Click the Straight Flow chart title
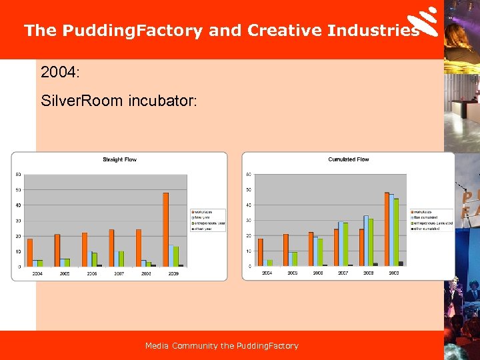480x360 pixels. [x=119, y=159]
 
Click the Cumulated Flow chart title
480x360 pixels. [x=348, y=159]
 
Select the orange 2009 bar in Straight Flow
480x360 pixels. [x=165, y=229]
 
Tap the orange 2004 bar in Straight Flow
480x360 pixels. [x=29, y=253]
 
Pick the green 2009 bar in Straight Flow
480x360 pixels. [x=176, y=257]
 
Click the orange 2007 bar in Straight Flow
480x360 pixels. [x=111, y=248]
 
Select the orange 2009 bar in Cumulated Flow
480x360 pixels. [x=387, y=229]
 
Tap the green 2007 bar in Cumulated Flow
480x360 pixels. [x=346, y=244]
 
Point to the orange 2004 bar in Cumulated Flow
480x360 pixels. [x=260, y=253]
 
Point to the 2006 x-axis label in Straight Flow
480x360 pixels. [x=91, y=273]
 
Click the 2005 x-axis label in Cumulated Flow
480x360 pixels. [x=292, y=273]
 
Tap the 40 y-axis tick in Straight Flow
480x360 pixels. [x=18, y=205]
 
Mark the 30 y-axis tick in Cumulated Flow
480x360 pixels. [x=248, y=220]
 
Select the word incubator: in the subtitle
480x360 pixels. [x=163, y=101]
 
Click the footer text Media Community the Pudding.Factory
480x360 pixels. [x=221, y=345]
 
